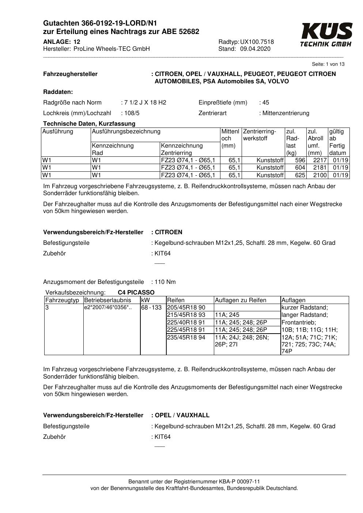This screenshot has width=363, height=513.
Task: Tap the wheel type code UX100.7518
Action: pos(257,42)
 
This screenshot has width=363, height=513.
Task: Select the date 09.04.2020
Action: pos(255,49)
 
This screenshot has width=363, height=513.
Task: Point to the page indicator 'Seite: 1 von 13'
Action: pos(328,64)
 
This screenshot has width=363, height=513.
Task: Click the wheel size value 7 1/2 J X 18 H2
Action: pos(145,103)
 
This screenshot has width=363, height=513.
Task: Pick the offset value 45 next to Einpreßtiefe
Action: pos(265,103)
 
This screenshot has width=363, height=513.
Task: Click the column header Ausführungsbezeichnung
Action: pos(126,131)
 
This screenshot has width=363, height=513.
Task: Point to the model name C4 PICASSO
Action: pos(136,293)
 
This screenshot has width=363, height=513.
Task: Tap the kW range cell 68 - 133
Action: pos(151,308)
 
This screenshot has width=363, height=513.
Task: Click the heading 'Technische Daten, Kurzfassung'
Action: pos(89,123)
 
